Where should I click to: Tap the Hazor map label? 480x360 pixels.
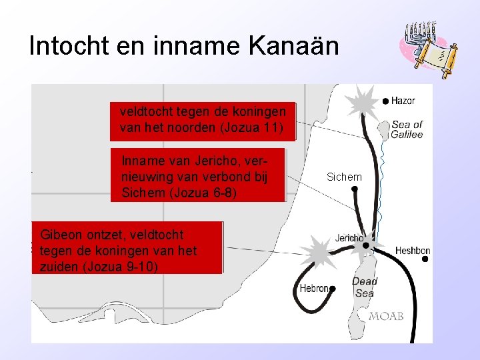pos(403,101)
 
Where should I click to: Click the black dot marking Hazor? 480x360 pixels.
pos(385,101)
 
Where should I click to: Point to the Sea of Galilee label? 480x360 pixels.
pos(407,129)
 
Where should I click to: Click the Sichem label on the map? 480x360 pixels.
pos(344,177)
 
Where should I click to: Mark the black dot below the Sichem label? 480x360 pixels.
pos(355,189)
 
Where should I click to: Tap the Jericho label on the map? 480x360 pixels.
pos(349,237)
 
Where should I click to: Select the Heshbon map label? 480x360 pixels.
pos(413,251)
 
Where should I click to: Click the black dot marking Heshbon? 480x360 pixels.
pos(424,260)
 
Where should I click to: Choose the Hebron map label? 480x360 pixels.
pos(313,289)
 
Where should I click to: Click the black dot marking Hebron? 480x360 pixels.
pos(333,289)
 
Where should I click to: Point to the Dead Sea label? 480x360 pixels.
pos(364,287)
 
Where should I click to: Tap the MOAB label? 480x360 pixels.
pos(387,316)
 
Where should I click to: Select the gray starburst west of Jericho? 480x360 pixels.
pos(318,252)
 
